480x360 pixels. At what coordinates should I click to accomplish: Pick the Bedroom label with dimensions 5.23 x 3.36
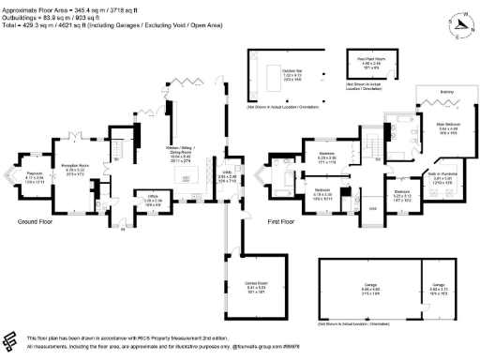pyautogui.click(x=327, y=153)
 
